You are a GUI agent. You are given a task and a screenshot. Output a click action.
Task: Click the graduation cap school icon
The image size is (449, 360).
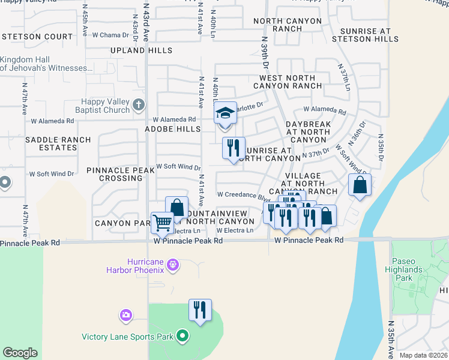point(225,113)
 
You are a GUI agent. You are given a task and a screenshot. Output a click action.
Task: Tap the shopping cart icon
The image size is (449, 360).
point(162,223)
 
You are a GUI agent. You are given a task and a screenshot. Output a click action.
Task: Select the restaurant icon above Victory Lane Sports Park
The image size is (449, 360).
point(199,310)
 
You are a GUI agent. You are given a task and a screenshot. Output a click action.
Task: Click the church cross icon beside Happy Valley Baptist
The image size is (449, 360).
point(139,106)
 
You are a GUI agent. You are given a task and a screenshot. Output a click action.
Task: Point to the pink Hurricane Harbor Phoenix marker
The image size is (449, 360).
point(173,264)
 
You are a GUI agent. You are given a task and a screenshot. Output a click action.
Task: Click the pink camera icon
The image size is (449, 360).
point(125,314)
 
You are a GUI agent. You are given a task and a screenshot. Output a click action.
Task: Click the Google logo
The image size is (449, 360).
point(20,353)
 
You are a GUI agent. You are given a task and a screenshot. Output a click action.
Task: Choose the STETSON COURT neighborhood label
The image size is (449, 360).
point(37,37)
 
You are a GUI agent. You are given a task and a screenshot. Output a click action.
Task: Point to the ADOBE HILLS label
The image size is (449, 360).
point(171,129)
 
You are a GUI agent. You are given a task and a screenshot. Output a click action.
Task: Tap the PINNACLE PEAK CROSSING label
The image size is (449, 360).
point(114,174)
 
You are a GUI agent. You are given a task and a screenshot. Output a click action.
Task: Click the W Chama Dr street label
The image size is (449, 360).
point(111,35)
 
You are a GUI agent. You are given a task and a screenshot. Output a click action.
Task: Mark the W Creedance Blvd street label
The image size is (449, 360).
point(244,194)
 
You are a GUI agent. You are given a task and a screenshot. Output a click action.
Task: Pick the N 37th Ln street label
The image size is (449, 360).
point(343,77)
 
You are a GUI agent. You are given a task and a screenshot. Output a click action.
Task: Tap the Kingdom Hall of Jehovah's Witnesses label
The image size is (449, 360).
point(46,64)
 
